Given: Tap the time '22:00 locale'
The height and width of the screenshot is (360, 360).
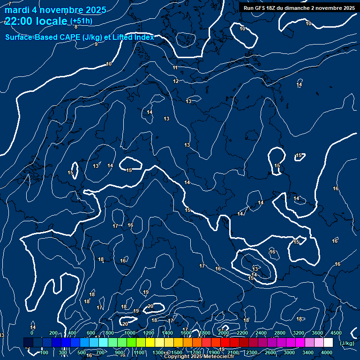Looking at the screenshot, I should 36,21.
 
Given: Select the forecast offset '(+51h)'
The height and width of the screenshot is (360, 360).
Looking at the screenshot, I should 81,21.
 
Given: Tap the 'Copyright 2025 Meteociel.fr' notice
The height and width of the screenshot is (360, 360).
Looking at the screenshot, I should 199,357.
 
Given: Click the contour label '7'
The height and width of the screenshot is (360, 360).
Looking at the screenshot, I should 10,4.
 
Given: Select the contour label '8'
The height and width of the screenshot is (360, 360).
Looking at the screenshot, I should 76,27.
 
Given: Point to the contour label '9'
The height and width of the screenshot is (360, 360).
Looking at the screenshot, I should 96,45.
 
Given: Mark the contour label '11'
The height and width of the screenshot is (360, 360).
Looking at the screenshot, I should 175,68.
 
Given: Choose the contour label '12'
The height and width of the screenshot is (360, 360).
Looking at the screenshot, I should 176,82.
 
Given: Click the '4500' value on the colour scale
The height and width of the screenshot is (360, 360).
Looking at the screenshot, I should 336,333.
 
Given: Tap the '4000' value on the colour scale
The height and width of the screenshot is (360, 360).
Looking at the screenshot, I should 327,352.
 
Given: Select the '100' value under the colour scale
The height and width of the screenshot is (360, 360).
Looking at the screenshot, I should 44,352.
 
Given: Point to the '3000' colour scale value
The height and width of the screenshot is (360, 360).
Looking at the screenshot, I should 289,352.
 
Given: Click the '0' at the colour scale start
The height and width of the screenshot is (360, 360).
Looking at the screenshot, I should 32,333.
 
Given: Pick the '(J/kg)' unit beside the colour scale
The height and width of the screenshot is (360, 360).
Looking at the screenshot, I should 347,344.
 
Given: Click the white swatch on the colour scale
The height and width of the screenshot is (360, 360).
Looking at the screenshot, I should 328,343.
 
